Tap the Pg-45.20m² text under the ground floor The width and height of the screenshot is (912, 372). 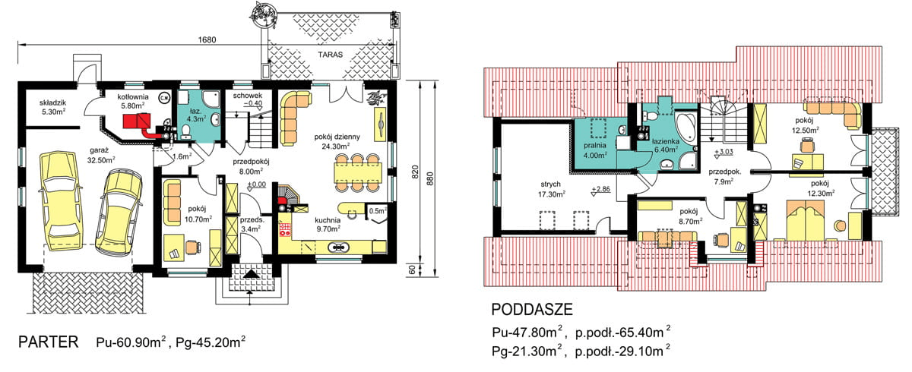pos(210,343)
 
